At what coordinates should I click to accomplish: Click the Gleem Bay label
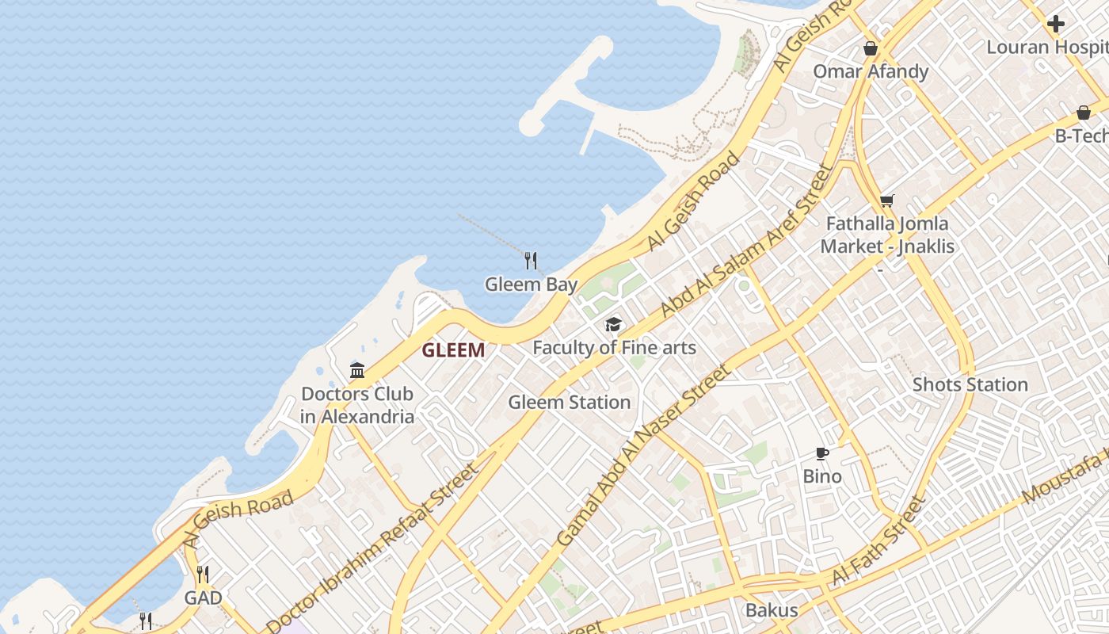click(x=531, y=285)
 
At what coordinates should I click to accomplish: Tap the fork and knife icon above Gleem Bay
click(x=531, y=260)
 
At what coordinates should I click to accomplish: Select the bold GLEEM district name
click(x=453, y=350)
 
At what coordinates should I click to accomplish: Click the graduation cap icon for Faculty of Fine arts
click(x=613, y=325)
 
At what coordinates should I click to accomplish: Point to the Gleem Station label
click(x=569, y=403)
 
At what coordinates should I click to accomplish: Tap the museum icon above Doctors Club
click(x=357, y=370)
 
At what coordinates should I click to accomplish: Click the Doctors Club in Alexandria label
click(x=357, y=405)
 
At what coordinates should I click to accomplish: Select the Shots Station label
click(x=970, y=385)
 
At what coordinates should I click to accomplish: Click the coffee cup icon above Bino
click(x=822, y=454)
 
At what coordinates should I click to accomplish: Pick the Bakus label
click(x=771, y=610)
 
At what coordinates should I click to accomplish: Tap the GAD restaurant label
click(x=203, y=598)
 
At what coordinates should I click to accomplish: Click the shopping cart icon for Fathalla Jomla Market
click(x=886, y=201)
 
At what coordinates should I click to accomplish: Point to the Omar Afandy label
click(x=871, y=72)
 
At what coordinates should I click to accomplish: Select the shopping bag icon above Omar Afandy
click(x=871, y=49)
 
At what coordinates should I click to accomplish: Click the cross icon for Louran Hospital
click(x=1055, y=25)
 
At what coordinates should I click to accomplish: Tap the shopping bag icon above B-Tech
click(x=1083, y=113)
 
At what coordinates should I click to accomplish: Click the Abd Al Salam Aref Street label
click(x=748, y=241)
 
